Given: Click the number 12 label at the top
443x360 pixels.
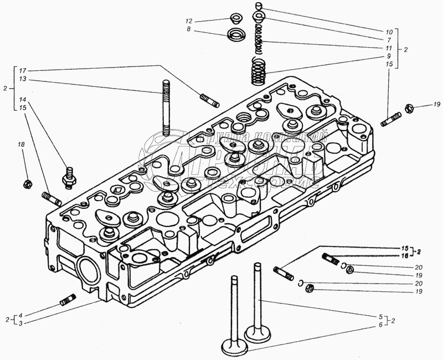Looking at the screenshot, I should (x=189, y=21).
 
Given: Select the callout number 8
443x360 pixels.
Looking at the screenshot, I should (x=189, y=29).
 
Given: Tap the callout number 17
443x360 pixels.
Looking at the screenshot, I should (x=22, y=70).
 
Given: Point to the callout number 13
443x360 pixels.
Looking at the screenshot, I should (x=22, y=79).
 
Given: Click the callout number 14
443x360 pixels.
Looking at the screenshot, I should (x=22, y=99).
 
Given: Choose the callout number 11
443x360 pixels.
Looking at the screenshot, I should (x=389, y=48).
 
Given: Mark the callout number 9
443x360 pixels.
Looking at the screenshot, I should (x=389, y=56).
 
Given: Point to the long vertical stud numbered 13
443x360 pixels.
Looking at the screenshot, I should (x=166, y=108).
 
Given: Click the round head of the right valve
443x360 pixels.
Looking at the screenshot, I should (x=260, y=334).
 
